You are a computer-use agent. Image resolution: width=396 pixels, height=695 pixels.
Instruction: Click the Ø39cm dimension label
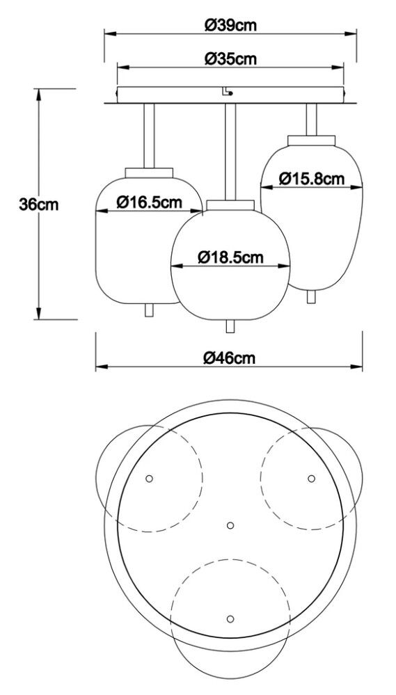[x=230, y=26]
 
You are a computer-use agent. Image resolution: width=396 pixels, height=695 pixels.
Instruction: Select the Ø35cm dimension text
[x=230, y=59]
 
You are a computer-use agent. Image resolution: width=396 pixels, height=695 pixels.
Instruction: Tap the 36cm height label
[x=39, y=205]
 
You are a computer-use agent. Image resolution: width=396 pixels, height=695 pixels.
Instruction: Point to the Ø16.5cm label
[x=150, y=202]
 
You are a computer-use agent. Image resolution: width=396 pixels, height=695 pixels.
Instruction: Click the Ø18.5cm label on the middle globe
[x=230, y=257]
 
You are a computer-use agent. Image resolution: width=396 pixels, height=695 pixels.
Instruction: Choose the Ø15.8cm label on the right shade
[x=312, y=178]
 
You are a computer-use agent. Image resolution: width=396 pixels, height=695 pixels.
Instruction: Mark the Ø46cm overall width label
[x=230, y=358]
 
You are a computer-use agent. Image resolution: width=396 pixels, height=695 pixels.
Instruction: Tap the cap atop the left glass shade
[x=150, y=172]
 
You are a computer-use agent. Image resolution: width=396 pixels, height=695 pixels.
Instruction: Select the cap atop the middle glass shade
[x=230, y=204]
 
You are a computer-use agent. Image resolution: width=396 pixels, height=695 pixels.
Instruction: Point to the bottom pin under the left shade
[x=148, y=310]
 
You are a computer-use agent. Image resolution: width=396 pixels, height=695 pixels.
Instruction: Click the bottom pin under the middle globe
[x=230, y=326]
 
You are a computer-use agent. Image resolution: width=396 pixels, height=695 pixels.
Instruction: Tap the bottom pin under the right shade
[x=312, y=296]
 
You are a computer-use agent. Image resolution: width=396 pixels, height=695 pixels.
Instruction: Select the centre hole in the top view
[x=231, y=525]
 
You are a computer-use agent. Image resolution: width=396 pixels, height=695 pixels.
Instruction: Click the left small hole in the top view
[x=149, y=478]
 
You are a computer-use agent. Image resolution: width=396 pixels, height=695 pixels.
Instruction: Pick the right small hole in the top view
[x=311, y=478]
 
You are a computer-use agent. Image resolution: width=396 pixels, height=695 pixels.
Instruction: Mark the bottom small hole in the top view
[x=230, y=617]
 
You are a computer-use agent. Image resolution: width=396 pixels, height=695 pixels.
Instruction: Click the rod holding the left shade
[x=149, y=136]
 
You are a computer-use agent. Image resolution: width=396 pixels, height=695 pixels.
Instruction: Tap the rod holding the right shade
[x=312, y=118]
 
